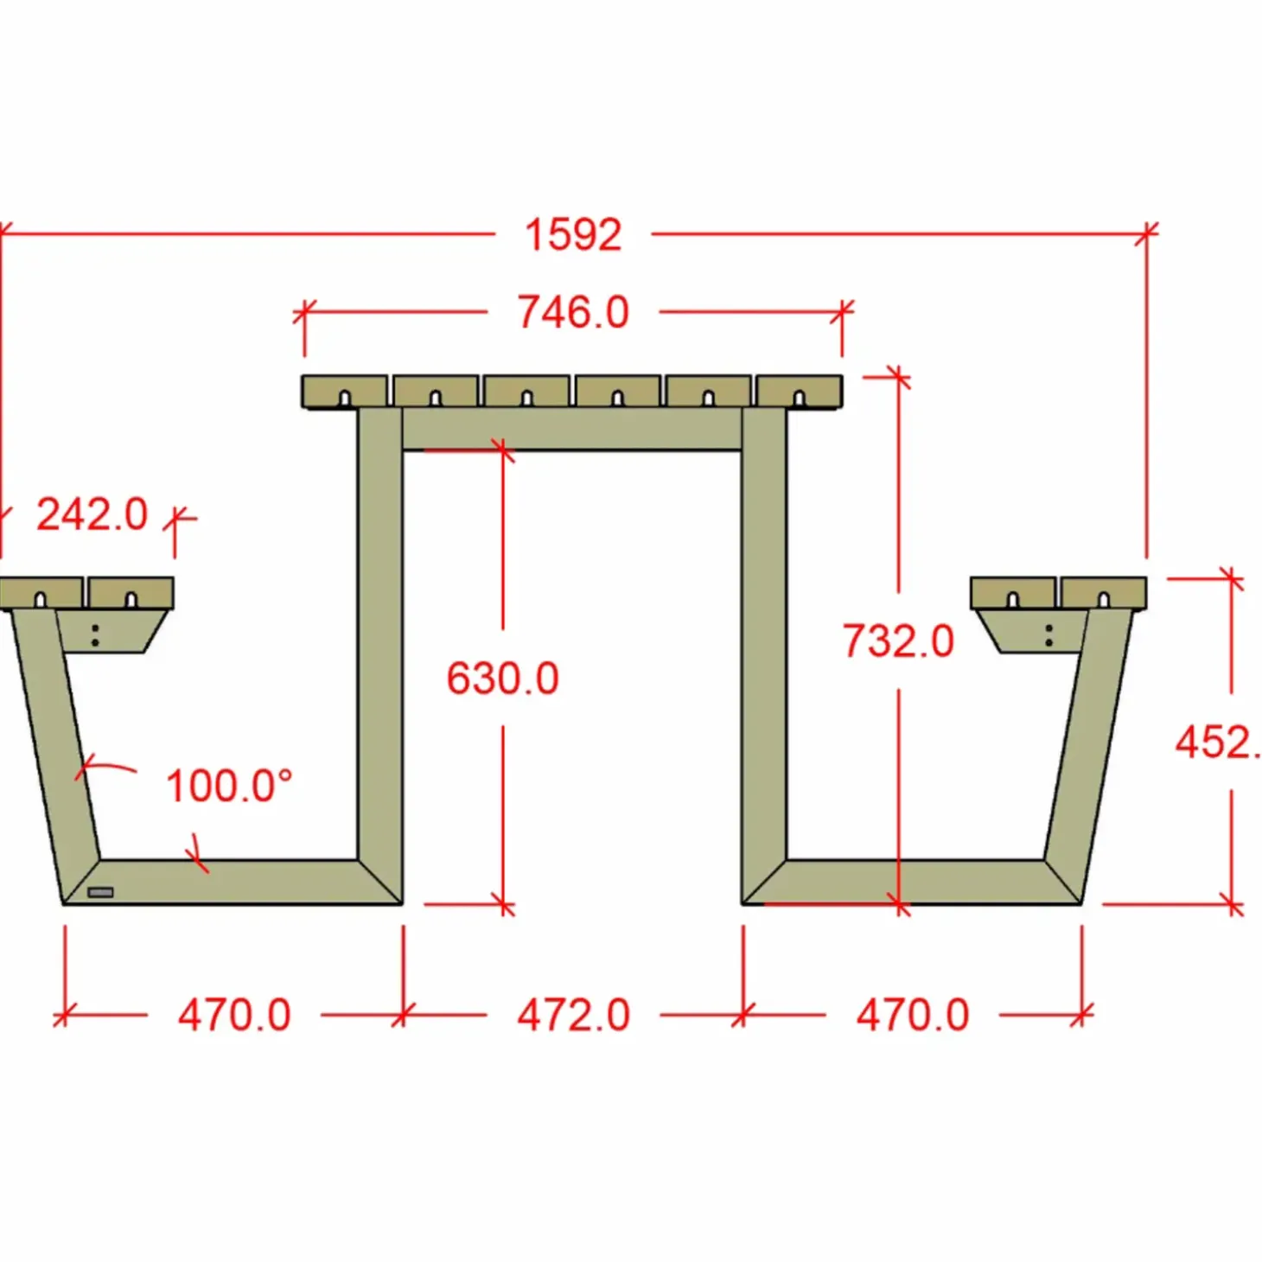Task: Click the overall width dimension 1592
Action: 573,235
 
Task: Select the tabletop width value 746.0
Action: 573,312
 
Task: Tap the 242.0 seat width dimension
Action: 92,515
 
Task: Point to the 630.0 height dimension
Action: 502,679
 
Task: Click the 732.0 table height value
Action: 898,641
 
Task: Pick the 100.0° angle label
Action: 228,787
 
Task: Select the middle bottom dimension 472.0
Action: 573,1015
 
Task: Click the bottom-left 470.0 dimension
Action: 234,1015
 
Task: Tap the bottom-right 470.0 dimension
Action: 913,1015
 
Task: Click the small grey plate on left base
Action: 100,892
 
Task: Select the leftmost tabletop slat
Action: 344,391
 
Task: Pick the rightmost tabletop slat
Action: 799,391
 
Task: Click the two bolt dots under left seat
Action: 95,635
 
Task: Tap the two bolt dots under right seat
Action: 1048,635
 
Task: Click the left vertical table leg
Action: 380,640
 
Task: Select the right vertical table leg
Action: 764,640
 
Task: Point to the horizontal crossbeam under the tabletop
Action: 572,430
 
